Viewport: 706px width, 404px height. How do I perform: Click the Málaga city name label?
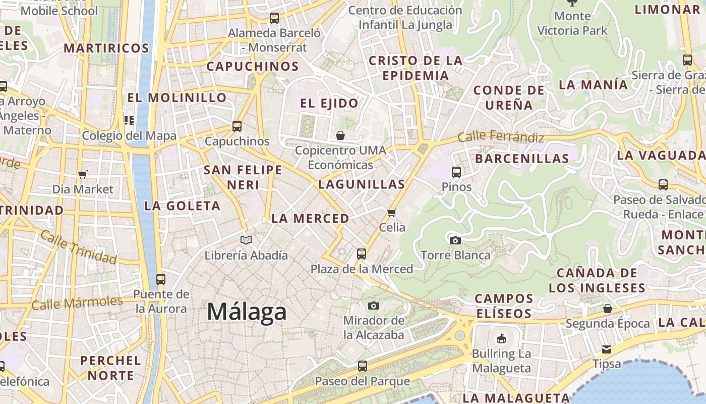(247, 312)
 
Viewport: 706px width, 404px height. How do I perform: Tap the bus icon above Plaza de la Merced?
(362, 254)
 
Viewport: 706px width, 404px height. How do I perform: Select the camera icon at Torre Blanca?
(455, 240)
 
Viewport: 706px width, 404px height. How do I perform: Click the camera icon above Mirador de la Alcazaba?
(374, 306)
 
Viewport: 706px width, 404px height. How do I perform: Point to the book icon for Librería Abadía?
(246, 240)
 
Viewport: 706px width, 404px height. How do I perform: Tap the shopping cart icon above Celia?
(392, 213)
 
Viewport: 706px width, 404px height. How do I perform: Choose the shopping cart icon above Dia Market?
(83, 174)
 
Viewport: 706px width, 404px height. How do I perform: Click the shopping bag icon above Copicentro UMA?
(340, 135)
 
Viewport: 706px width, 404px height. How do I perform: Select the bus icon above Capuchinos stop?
(237, 126)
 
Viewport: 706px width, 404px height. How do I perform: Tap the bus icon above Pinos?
(456, 172)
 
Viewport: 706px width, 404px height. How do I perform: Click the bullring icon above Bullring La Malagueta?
(501, 339)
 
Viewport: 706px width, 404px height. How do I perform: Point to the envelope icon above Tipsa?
(607, 349)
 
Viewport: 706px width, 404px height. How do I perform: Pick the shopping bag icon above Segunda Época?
(608, 309)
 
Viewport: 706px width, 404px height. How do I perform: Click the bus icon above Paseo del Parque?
(362, 366)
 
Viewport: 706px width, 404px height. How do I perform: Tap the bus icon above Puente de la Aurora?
(161, 279)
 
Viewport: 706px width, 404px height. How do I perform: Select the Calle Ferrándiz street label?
(501, 137)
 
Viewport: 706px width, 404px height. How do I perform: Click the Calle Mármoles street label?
(77, 303)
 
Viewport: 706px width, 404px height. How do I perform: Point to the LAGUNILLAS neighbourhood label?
(362, 184)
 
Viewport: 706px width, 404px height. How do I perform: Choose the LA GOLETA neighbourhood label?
(182, 206)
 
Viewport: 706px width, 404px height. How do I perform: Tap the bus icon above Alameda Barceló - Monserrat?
(274, 18)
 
